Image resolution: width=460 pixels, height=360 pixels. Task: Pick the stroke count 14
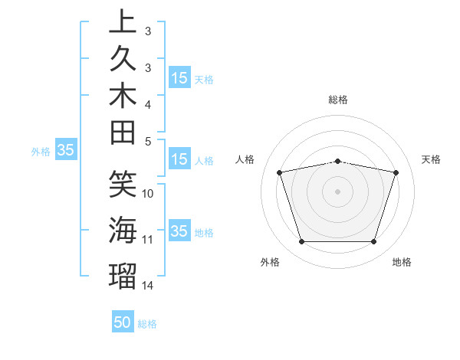point(148,286)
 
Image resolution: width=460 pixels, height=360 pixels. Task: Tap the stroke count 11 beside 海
point(148,240)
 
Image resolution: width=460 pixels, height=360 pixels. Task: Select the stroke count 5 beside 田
point(148,141)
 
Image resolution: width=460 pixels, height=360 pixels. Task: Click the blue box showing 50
point(123,322)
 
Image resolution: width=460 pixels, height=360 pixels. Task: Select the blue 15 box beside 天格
point(179,77)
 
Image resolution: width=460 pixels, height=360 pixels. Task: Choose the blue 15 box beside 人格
point(179,159)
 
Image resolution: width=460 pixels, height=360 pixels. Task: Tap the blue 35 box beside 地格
point(179,231)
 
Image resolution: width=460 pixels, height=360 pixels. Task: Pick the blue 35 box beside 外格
point(65,151)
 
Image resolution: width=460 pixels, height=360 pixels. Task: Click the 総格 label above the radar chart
point(338,100)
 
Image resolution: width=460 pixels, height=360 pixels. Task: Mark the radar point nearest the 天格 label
point(396,172)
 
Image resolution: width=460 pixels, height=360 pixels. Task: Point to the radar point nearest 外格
point(301,242)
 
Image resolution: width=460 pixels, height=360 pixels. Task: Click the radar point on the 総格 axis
point(338,161)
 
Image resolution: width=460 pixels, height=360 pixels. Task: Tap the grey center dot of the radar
point(338,191)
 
